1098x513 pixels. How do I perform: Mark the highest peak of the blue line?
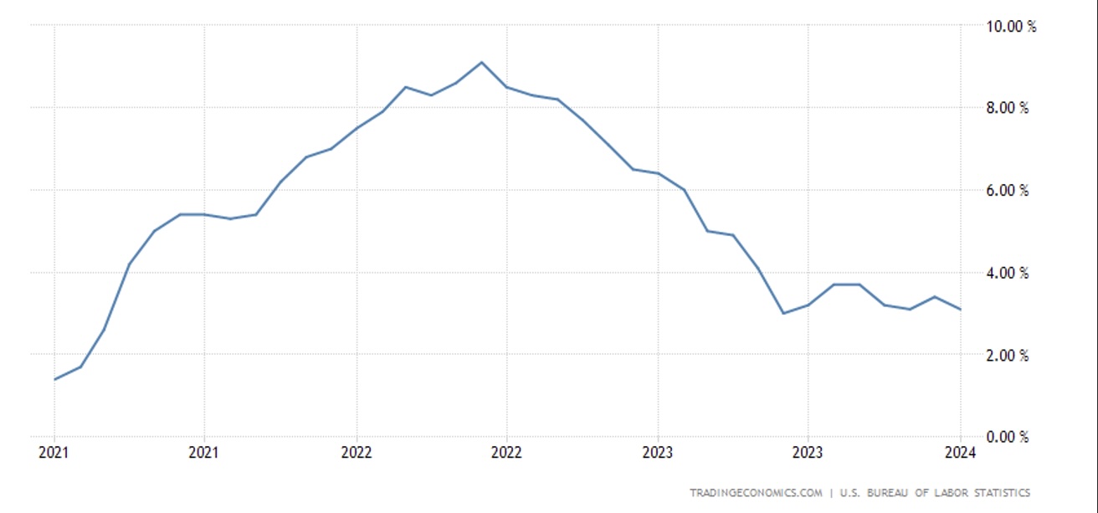(x=481, y=62)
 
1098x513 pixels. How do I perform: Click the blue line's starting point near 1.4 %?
(x=55, y=379)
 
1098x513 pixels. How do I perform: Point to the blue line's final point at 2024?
(x=960, y=310)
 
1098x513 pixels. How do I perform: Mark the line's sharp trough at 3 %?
(x=783, y=313)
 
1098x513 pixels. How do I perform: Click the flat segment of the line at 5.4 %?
(x=192, y=214)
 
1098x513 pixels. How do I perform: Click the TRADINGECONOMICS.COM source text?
(x=756, y=493)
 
